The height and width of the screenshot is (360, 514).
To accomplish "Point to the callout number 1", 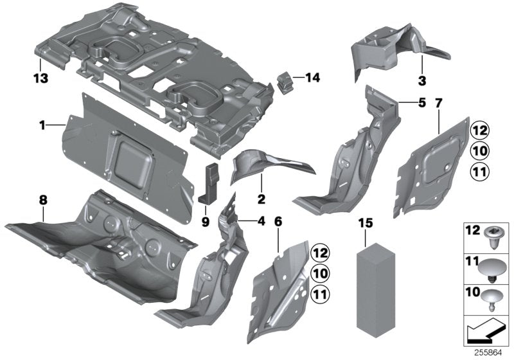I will (x=42, y=125).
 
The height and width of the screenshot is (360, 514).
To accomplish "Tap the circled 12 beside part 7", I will (x=479, y=130).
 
